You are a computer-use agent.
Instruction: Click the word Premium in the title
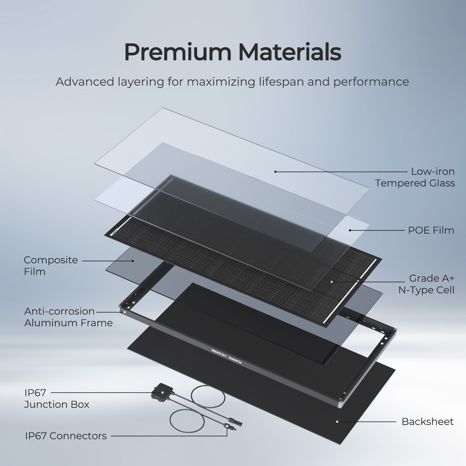point(172,52)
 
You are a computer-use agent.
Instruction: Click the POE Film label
point(431,230)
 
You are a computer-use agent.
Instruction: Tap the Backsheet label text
point(427,421)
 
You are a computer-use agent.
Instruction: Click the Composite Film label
point(50,266)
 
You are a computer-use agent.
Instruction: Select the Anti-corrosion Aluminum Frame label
point(68,317)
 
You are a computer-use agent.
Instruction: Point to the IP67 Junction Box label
point(56,398)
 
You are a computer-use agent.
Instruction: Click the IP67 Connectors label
point(66,435)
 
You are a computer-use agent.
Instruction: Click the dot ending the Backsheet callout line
point(337,421)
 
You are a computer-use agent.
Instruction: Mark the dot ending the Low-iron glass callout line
point(275,171)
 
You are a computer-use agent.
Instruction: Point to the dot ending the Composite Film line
point(133,261)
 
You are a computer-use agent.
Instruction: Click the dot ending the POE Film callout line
point(350,230)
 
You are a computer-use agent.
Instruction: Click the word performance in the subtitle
point(371,81)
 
